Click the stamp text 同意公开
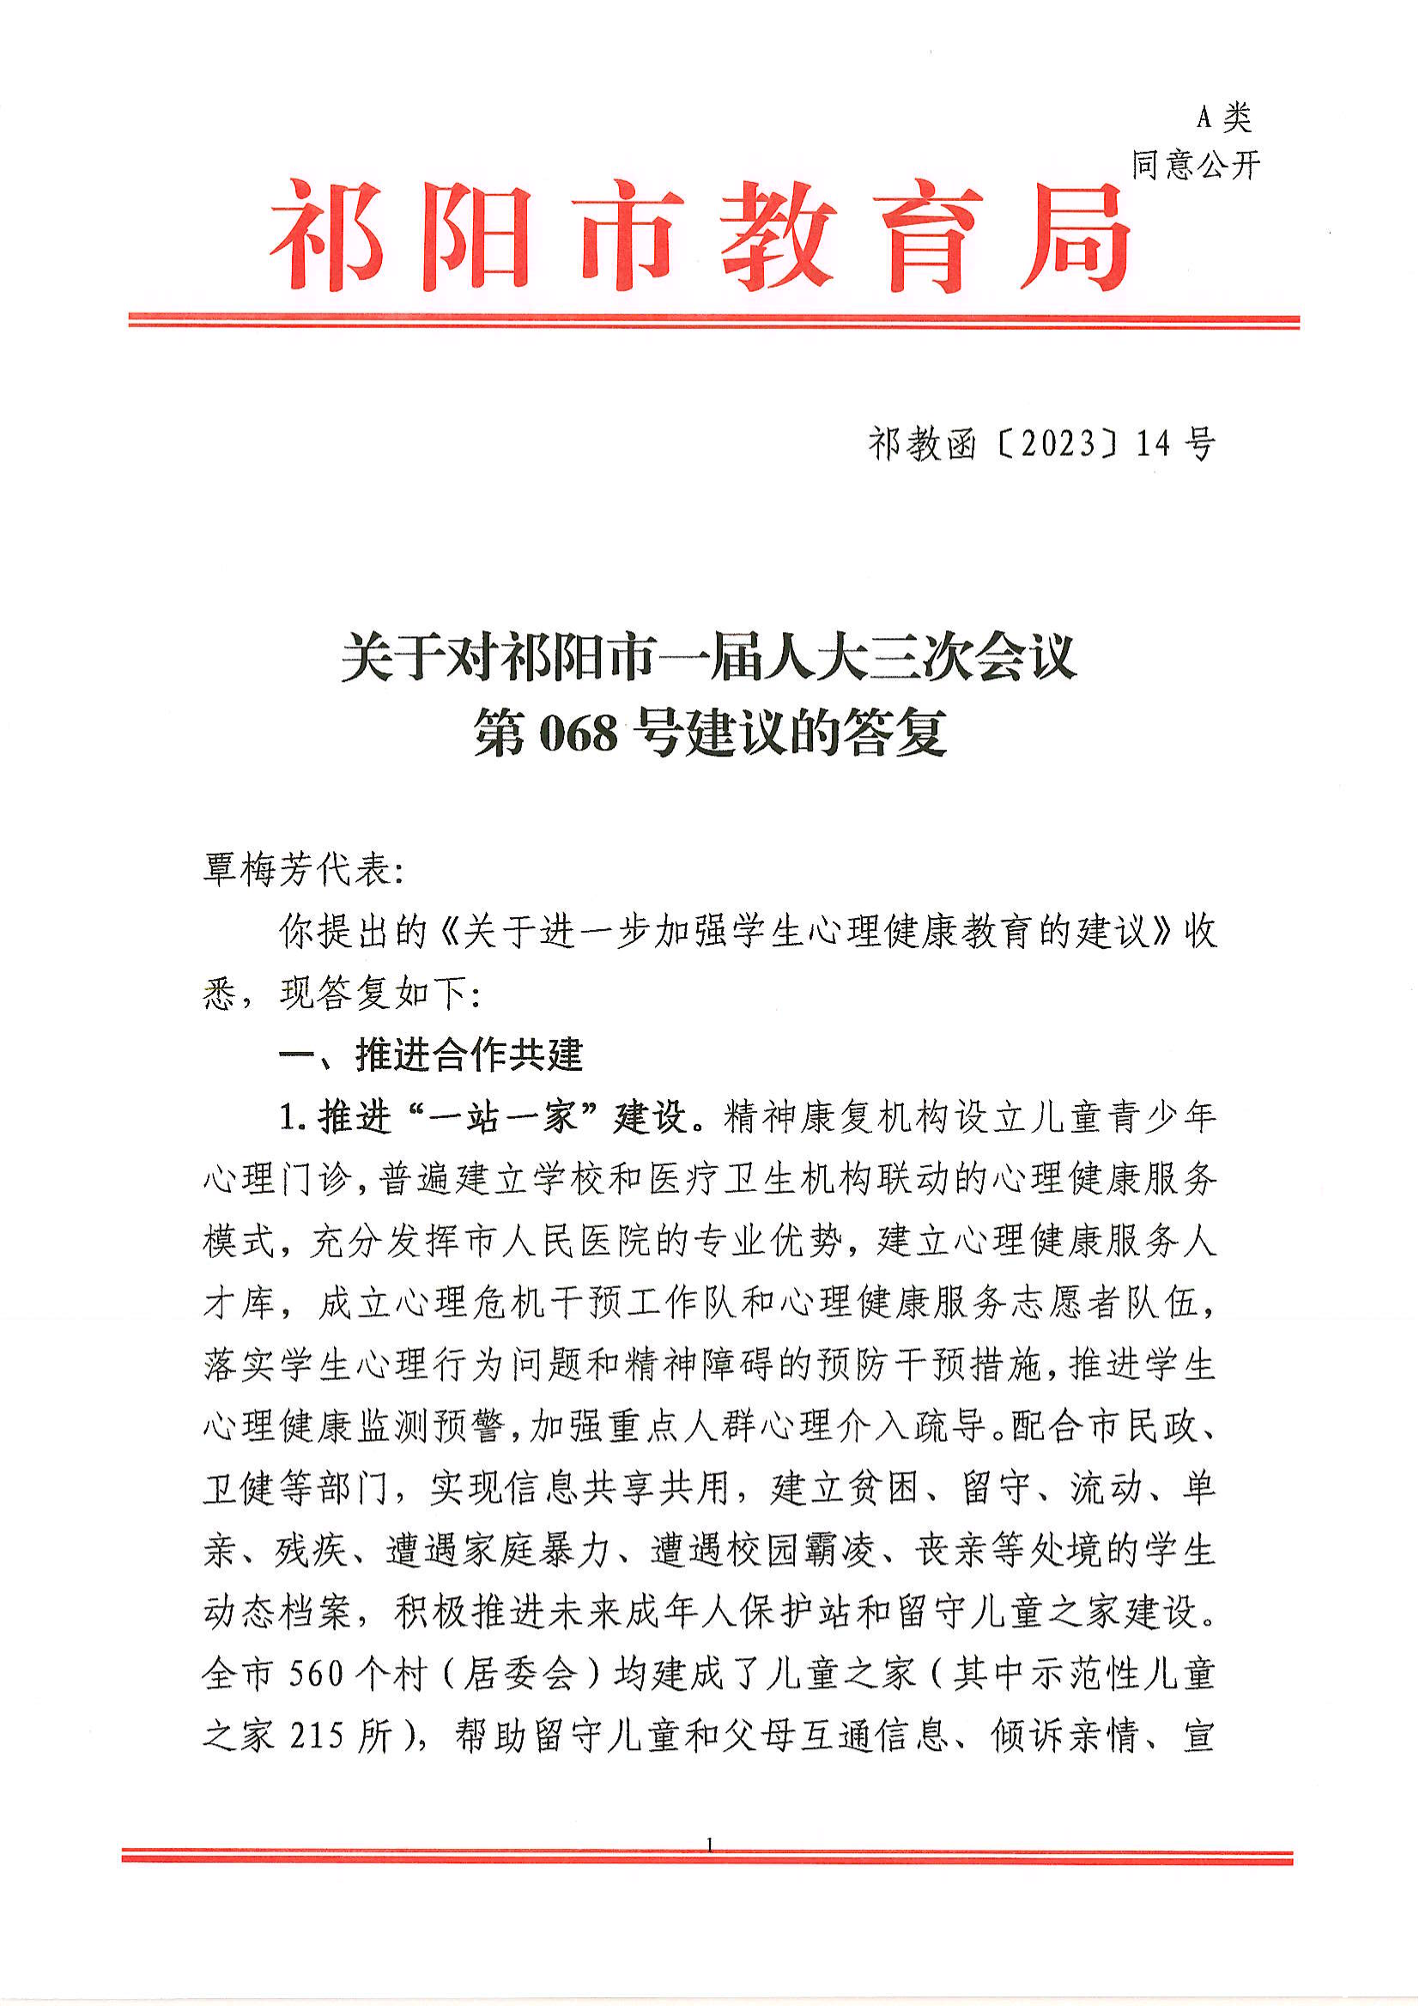click(x=1195, y=164)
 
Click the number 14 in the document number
click(x=1153, y=445)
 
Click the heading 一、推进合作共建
click(x=430, y=1055)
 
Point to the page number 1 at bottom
click(x=708, y=1846)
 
